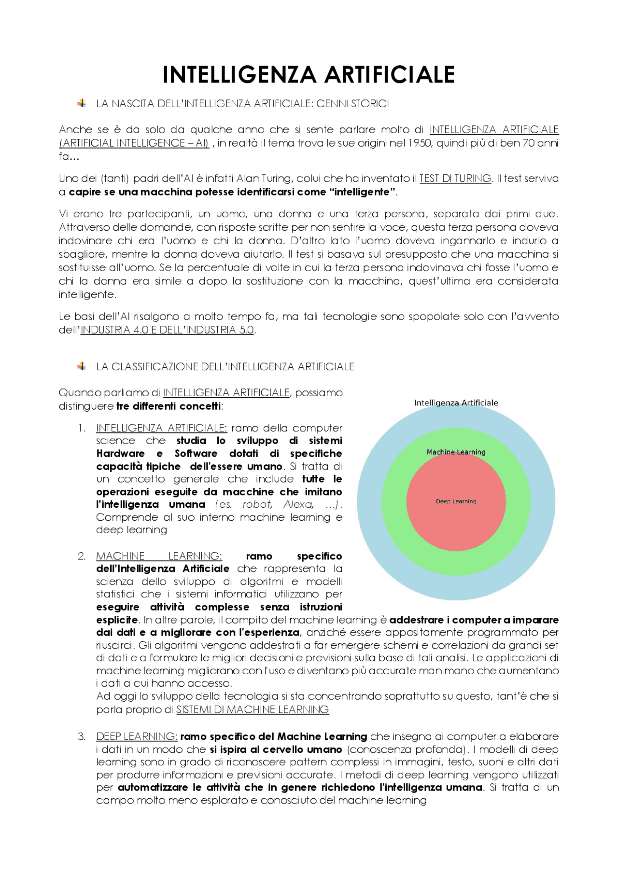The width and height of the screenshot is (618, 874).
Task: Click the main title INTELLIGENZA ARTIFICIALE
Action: [309, 75]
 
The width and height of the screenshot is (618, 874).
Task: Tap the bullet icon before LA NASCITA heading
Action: [82, 103]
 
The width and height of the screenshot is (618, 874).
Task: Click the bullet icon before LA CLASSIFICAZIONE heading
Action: [82, 366]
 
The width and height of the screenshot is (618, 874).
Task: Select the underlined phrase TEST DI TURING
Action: [455, 179]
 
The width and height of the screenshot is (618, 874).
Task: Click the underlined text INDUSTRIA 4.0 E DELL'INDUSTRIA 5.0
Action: [167, 330]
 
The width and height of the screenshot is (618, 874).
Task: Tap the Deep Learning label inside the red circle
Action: [456, 501]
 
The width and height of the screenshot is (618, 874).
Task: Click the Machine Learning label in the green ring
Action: [456, 452]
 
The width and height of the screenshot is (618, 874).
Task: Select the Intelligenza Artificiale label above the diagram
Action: [456, 403]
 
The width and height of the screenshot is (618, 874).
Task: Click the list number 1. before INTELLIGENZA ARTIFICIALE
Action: [82, 428]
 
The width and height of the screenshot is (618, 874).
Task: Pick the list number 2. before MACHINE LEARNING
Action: [82, 556]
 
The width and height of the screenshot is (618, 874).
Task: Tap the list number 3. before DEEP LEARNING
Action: [82, 736]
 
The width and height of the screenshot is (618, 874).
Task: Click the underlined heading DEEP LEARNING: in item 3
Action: [137, 736]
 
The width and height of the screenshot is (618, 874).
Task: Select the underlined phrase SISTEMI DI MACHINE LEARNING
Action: [252, 709]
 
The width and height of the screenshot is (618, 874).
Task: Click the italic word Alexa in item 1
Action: [298, 504]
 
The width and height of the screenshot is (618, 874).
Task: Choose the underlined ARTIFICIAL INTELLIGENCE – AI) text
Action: [134, 143]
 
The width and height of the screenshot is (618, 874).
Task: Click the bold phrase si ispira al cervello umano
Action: [276, 749]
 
